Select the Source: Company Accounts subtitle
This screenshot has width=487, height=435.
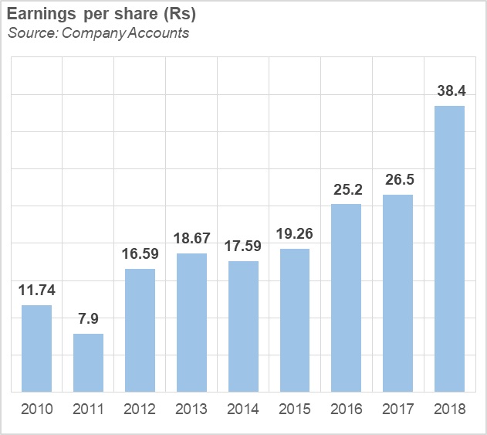99,32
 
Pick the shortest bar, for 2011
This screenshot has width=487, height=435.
88,362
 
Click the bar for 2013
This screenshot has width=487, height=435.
191,322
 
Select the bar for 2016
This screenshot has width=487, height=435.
347,297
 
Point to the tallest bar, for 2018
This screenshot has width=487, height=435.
449,248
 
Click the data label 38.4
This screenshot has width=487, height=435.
450,91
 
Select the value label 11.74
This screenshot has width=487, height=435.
36,291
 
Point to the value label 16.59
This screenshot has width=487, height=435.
140,254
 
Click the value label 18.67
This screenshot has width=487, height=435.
191,239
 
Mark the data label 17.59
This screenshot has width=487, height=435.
243,246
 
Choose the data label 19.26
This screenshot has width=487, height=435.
295,234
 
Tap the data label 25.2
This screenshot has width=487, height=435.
347,189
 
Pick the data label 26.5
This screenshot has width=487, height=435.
398,180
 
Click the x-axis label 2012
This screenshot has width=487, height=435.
140,410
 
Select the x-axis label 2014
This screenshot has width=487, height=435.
243,410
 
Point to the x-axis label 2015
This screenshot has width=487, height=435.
295,410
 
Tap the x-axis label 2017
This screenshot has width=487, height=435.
398,410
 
